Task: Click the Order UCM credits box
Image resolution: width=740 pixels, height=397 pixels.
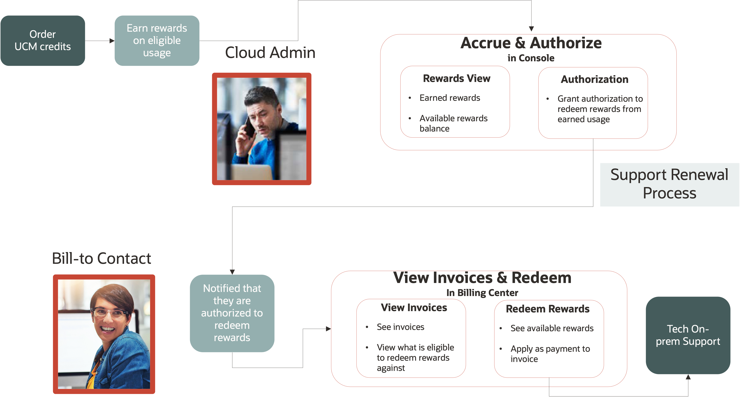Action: pyautogui.click(x=42, y=40)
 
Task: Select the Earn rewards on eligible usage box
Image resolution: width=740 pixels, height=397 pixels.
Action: pyautogui.click(x=157, y=40)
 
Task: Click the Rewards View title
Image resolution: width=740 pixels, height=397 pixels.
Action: pyautogui.click(x=457, y=78)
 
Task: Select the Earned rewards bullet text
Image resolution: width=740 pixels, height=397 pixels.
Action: pyautogui.click(x=450, y=98)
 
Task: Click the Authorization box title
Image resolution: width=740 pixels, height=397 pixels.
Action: pyautogui.click(x=594, y=79)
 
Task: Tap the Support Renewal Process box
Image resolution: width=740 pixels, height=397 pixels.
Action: pyautogui.click(x=669, y=184)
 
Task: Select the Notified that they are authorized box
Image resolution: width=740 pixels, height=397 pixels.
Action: pyautogui.click(x=232, y=313)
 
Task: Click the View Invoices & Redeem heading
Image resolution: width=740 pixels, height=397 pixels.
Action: pyautogui.click(x=482, y=278)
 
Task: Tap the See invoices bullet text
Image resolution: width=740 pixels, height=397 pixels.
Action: pyautogui.click(x=400, y=327)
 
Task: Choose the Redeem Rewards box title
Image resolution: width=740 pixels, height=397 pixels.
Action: pyautogui.click(x=548, y=309)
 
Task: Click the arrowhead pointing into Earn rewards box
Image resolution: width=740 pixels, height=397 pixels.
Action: pyautogui.click(x=112, y=41)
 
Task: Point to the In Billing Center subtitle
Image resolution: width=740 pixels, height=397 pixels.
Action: pyautogui.click(x=482, y=293)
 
